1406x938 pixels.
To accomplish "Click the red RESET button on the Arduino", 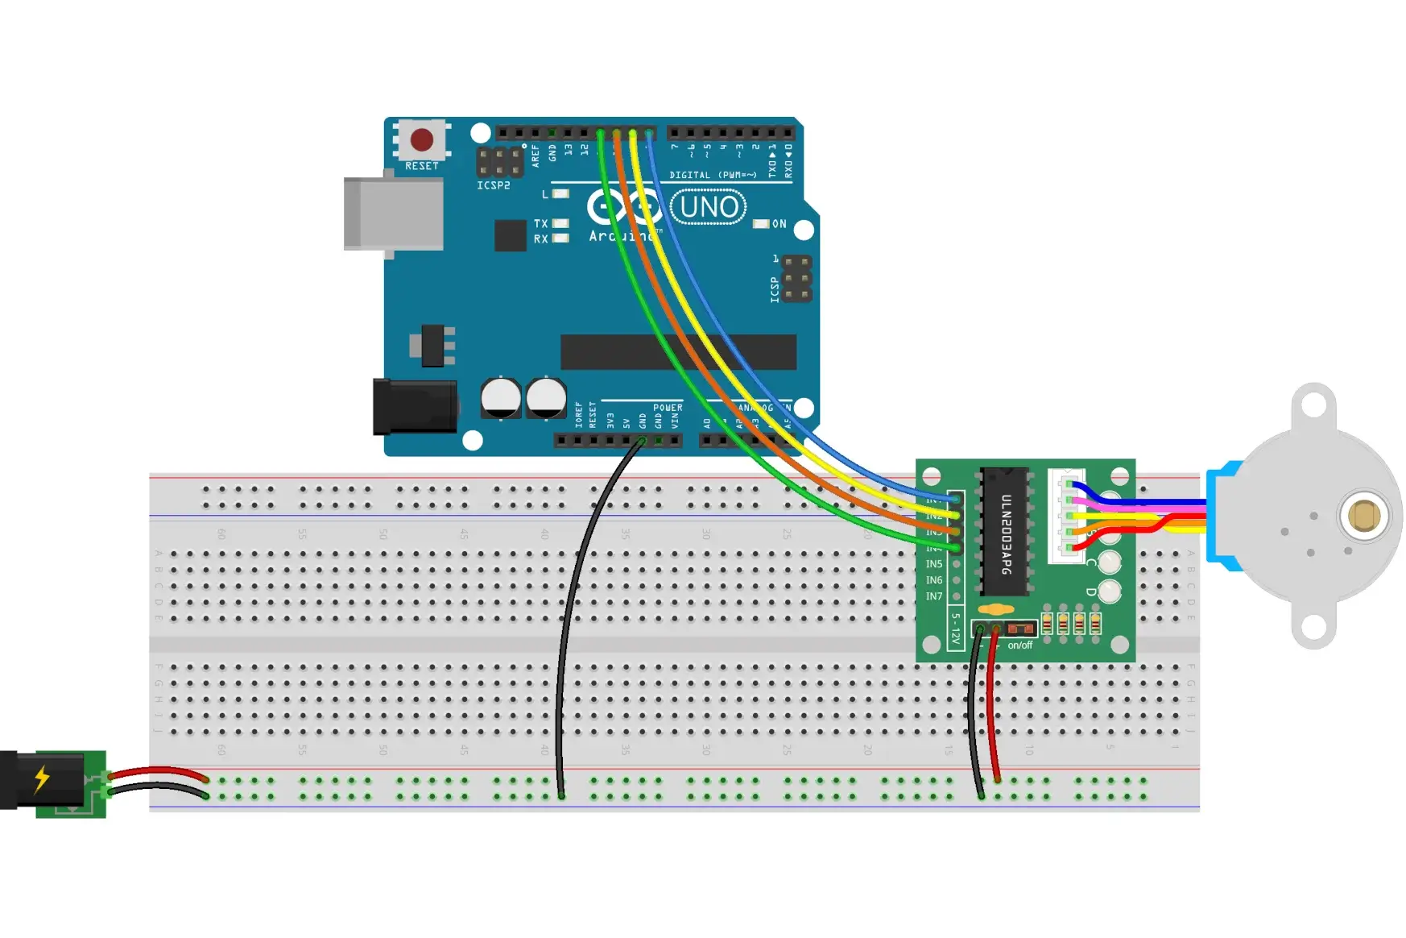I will (422, 139).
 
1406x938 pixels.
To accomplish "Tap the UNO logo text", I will (709, 207).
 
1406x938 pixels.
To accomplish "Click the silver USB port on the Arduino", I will (394, 214).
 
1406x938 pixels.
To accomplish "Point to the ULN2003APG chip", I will (1005, 532).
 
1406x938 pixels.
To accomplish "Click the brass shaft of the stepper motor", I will (1363, 516).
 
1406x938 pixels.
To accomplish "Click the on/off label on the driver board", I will (1019, 645).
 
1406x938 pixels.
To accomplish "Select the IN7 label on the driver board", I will (933, 596).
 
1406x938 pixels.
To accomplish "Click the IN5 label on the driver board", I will (933, 564).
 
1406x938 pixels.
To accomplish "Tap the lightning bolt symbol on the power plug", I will (42, 778).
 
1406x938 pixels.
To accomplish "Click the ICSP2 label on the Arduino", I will (493, 185).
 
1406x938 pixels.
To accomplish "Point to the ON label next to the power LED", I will (779, 224).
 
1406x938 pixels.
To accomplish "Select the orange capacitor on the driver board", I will (996, 609).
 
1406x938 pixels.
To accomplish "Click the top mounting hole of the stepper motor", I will (1313, 405).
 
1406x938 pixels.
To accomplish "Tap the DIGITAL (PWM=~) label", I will (713, 175).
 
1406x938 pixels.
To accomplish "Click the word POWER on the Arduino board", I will (668, 408).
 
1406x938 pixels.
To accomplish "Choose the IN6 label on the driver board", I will (933, 580).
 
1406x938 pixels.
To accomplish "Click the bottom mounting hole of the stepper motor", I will (1313, 626).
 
